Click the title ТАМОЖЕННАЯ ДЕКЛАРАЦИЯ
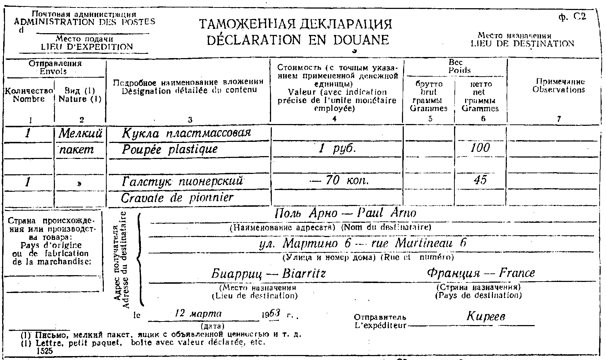pos(296,24)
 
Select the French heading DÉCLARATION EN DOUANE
pos(297,40)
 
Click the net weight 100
pos(480,148)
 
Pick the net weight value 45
pos(480,180)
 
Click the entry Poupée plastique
pos(170,149)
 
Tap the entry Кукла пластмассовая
pos(186,133)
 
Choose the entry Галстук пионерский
pos(182,181)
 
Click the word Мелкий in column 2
pos(80,133)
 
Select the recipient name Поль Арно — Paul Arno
pos(345,213)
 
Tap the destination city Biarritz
pos(304,274)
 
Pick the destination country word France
pos(517,273)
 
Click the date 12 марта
pos(198,314)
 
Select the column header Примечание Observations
pos(559,86)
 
